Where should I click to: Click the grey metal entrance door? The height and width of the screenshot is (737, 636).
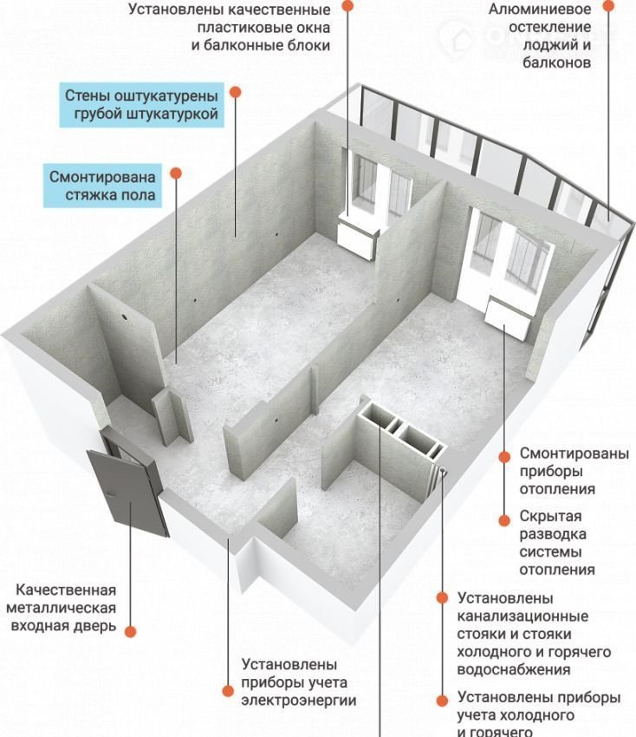pos(127,492)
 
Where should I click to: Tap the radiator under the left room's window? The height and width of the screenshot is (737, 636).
pos(358,239)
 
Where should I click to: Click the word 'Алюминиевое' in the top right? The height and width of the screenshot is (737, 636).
pos(539,10)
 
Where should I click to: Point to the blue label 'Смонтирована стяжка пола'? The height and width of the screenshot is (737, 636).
pos(102,186)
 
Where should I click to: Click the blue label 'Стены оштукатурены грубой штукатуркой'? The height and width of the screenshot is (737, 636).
pos(141,105)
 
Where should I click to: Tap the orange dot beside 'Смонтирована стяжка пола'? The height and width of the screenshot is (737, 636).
pos(176,173)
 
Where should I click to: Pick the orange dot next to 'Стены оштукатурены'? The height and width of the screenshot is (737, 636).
pos(236,92)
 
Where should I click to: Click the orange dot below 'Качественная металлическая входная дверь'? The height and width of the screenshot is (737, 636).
pos(131,632)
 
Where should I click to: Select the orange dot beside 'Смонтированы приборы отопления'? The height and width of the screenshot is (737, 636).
pos(504,456)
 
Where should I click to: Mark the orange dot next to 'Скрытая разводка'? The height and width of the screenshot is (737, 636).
pos(504,520)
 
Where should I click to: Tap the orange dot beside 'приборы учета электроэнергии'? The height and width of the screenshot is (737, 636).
pos(228,690)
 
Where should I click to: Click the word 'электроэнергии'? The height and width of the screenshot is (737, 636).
pos(299,701)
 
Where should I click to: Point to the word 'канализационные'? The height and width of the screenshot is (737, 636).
pos(522,616)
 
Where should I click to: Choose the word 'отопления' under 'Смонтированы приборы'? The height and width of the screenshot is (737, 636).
pos(557,489)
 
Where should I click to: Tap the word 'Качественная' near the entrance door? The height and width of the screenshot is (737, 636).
pos(66,590)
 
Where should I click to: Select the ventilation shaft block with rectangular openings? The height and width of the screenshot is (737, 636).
pos(401,430)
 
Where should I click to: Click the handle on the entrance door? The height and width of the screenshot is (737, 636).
pos(110,494)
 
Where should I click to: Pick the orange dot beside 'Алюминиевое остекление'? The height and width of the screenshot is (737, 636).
pos(608,6)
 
